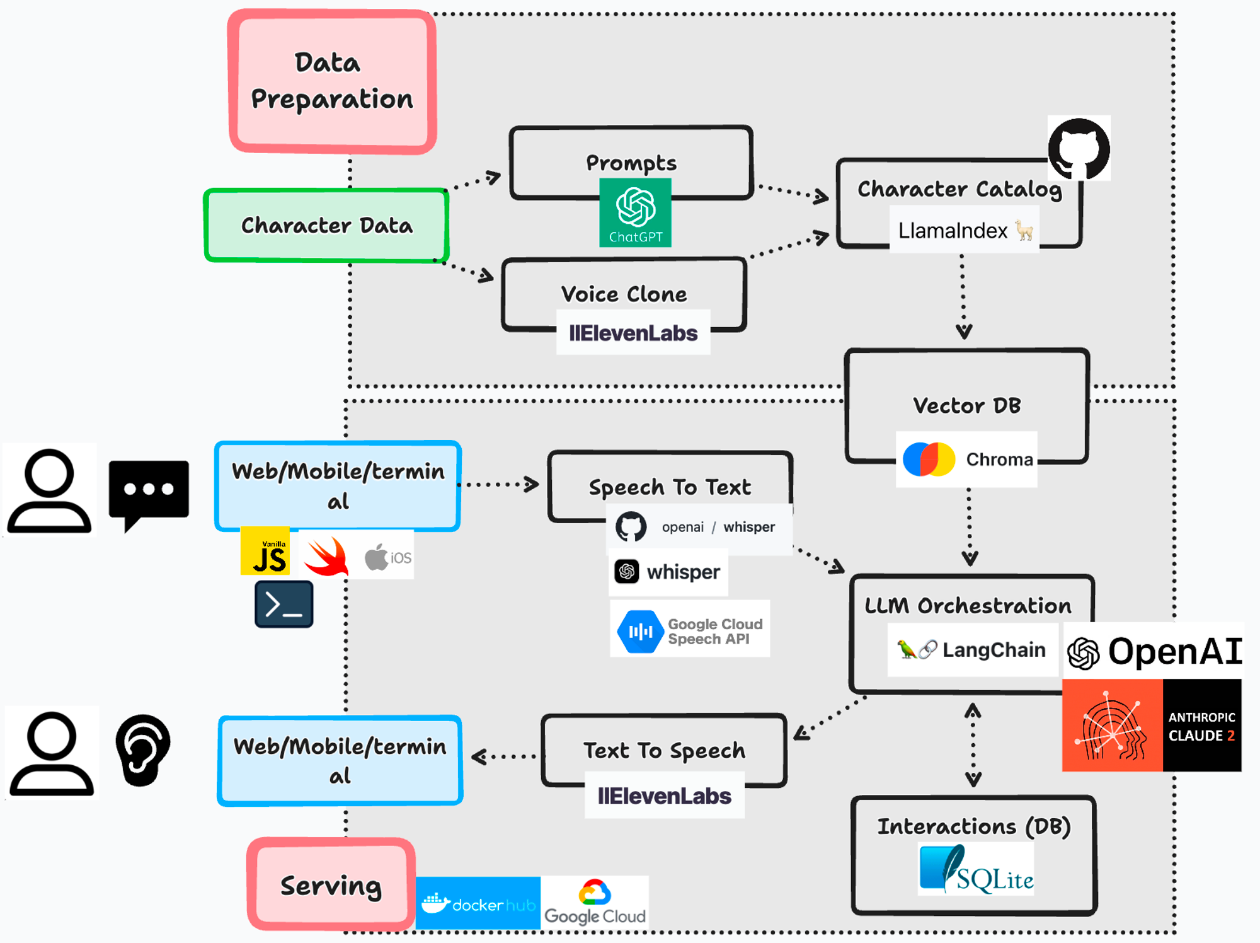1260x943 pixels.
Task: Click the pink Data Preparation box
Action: tap(332, 82)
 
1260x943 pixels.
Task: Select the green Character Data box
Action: tap(326, 225)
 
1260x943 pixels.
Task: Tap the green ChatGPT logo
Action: tap(635, 212)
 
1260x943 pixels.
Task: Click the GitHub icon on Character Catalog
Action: tap(1079, 149)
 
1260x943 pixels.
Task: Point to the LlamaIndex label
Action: tap(964, 231)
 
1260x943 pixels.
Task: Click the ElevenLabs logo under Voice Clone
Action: tap(633, 333)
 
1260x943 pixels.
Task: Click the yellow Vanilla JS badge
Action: tap(265, 552)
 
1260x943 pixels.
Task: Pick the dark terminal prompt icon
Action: tap(284, 605)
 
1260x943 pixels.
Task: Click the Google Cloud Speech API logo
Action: tap(690, 630)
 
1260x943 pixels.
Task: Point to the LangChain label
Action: tap(972, 650)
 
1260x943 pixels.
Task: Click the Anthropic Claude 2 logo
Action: tap(1152, 726)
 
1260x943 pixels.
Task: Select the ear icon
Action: tap(142, 750)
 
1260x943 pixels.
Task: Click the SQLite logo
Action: tap(976, 871)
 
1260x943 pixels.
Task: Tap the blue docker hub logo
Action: tap(478, 903)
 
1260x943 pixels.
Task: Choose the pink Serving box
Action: tap(331, 885)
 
